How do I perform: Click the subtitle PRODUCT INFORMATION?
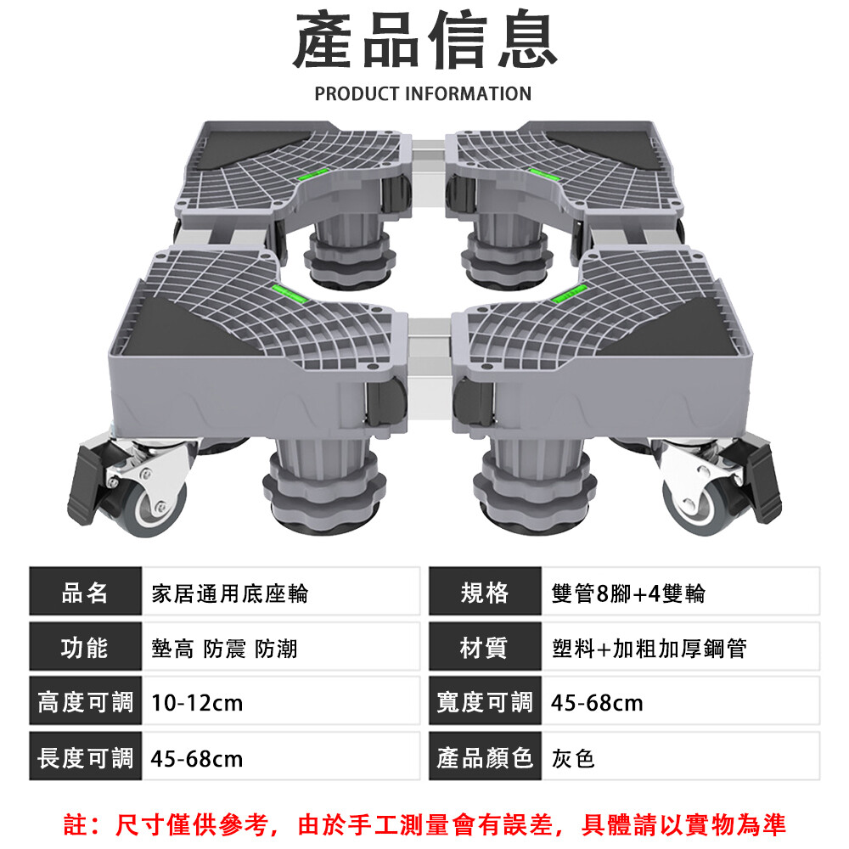tap(423, 93)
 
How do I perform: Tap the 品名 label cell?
tap(85, 593)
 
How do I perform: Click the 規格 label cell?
tap(484, 593)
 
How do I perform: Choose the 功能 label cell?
tap(85, 648)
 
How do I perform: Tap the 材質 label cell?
tap(484, 648)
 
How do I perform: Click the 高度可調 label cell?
tap(85, 702)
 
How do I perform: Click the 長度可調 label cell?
tap(85, 757)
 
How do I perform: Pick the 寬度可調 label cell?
tap(484, 702)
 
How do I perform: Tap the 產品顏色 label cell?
tap(484, 757)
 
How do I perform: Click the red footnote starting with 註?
tap(424, 824)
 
